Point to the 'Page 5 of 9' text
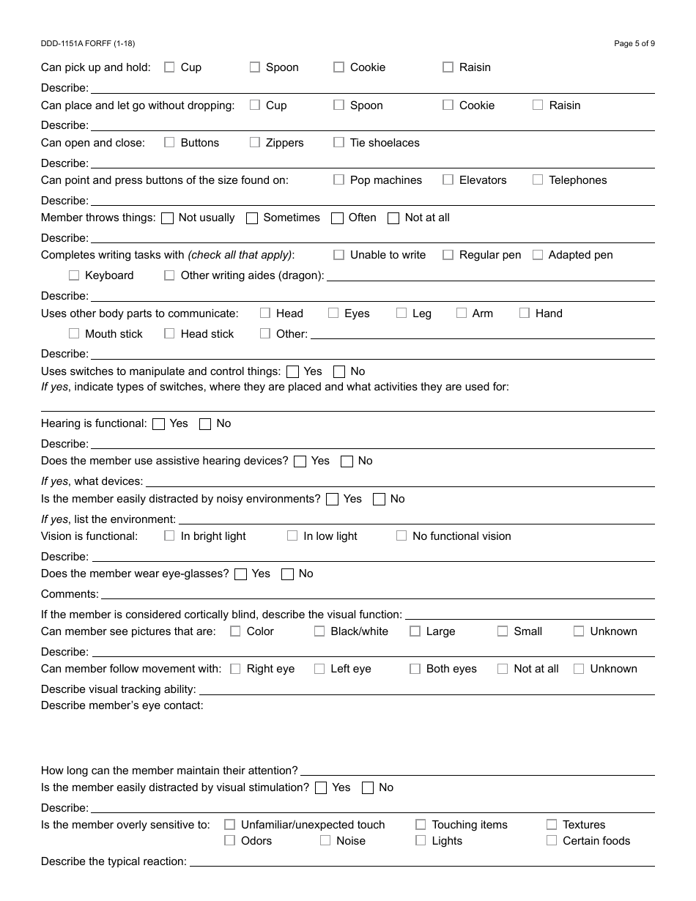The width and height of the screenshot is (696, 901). click(x=634, y=43)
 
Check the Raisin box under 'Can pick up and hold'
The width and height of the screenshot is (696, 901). click(x=448, y=67)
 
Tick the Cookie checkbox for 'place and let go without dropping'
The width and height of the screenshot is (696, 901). click(x=448, y=105)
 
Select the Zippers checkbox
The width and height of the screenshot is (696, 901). click(x=255, y=143)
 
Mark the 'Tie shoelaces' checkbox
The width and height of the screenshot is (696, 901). click(x=338, y=143)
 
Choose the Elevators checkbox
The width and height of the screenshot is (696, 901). click(x=448, y=180)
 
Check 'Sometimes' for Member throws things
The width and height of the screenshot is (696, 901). click(x=252, y=218)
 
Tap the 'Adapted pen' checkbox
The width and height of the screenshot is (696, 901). click(x=538, y=255)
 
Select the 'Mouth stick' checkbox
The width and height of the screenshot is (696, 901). click(x=74, y=334)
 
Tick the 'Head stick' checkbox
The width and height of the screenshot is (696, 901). click(x=169, y=334)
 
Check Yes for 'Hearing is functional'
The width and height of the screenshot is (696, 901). click(x=158, y=424)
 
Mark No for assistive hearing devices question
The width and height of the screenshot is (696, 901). click(x=347, y=461)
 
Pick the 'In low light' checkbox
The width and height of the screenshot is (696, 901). click(x=292, y=536)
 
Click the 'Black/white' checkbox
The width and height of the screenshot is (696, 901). click(x=319, y=631)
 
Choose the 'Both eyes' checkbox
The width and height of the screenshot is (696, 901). click(x=415, y=669)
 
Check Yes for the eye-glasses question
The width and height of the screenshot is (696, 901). click(x=240, y=574)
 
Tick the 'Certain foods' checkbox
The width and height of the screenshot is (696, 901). click(x=552, y=841)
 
